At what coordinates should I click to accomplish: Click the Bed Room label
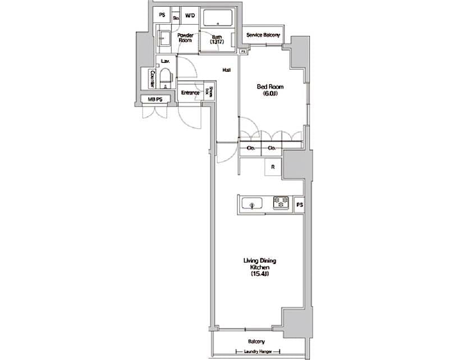270,86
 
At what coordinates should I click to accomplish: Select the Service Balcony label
263,35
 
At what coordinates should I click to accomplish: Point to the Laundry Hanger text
259,352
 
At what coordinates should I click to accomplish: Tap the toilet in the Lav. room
166,78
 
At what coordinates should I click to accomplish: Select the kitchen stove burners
281,202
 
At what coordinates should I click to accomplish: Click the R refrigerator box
273,167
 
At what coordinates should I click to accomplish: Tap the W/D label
189,16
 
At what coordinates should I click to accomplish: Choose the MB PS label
155,100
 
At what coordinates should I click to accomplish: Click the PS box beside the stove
300,204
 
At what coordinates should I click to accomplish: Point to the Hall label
227,70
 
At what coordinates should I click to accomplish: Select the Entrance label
190,93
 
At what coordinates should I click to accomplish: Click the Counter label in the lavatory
152,78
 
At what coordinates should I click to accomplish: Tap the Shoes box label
209,92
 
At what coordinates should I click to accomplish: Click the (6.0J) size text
270,94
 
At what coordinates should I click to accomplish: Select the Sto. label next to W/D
176,17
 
